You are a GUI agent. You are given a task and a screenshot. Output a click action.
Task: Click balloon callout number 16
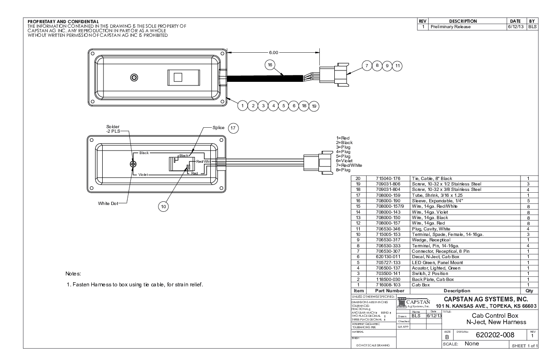[270, 65]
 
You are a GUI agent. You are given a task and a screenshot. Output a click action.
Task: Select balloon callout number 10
[164, 206]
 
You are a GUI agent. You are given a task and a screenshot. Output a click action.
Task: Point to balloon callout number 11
[397, 65]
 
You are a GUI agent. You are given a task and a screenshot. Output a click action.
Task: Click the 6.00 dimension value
[274, 52]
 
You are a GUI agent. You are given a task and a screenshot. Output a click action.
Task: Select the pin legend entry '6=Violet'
[345, 161]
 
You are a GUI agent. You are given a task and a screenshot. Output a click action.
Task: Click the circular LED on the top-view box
[134, 77]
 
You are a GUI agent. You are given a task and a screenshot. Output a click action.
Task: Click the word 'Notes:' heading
[73, 274]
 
